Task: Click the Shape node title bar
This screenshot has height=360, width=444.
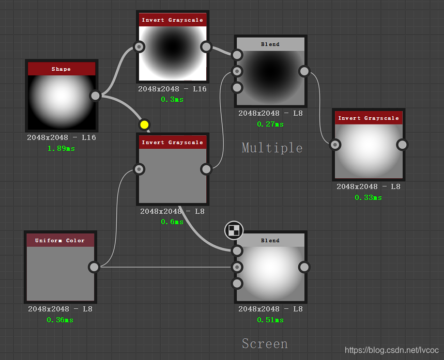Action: (62, 69)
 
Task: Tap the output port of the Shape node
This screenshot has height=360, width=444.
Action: (95, 96)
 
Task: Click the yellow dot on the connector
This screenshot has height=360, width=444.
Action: (144, 124)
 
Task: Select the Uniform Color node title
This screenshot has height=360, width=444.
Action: (60, 240)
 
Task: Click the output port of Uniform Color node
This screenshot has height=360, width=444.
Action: (94, 267)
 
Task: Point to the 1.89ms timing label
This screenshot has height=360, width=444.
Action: (61, 148)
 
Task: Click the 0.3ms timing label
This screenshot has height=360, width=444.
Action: (172, 99)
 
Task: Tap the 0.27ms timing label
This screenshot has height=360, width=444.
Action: (270, 124)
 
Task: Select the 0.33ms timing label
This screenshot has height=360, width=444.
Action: (368, 197)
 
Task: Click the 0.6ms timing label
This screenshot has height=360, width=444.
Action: (172, 222)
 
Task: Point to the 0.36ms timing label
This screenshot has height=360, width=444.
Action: (60, 320)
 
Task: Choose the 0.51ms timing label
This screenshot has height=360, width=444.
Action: (270, 320)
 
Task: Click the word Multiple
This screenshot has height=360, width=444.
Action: (272, 148)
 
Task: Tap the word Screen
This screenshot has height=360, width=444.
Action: (265, 343)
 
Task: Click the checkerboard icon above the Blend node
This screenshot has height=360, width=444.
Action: (234, 230)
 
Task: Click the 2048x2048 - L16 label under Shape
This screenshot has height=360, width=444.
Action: (62, 138)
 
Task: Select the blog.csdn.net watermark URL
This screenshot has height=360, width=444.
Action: (391, 350)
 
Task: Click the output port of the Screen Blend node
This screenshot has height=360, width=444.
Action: (304, 267)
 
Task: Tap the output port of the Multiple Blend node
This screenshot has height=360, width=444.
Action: (304, 71)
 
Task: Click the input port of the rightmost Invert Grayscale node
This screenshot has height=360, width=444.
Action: (335, 145)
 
